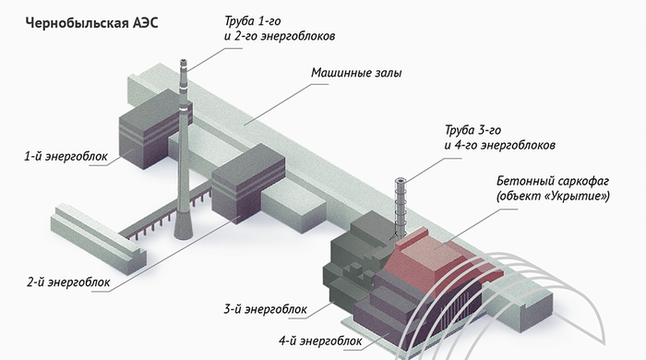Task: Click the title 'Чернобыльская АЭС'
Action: (x=92, y=23)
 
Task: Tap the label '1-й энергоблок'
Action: (x=66, y=157)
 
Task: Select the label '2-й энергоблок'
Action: (x=68, y=282)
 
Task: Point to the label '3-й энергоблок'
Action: (x=266, y=309)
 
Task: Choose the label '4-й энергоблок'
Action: (x=320, y=341)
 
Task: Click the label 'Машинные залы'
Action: (x=356, y=73)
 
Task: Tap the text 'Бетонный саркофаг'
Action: (x=553, y=181)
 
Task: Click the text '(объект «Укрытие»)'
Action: (x=553, y=196)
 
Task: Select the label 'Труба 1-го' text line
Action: (x=253, y=20)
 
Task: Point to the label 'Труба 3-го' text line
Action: (x=473, y=130)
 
